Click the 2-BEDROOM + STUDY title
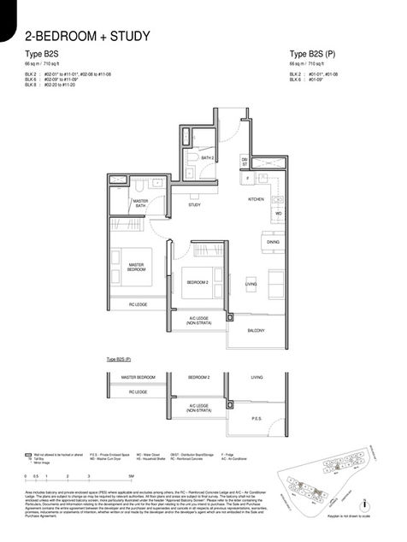pos(88,36)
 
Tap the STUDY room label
pos(194,205)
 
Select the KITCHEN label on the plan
pos(256,198)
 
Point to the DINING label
pos(273,242)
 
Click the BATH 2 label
pos(206,157)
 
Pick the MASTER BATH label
pos(141,203)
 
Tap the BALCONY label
pos(256,329)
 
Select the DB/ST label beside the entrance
pos(245,161)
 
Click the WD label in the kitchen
pos(278,212)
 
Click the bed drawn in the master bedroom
pos(134,266)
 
